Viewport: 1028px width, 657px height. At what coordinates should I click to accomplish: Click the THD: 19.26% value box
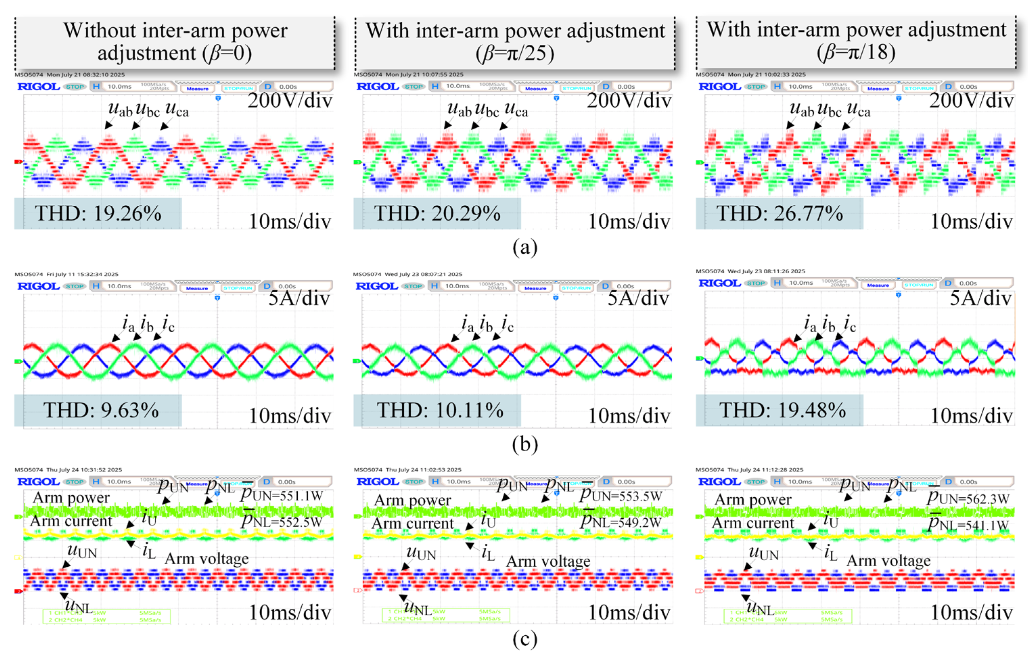(98, 213)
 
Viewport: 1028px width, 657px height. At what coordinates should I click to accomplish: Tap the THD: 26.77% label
(779, 213)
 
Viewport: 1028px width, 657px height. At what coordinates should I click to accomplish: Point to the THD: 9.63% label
(101, 410)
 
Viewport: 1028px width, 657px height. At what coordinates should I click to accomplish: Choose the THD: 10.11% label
(440, 410)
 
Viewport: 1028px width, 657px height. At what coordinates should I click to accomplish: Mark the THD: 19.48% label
(782, 410)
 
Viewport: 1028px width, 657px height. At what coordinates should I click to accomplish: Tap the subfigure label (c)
(525, 639)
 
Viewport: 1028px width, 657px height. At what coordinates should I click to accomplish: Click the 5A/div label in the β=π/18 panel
(981, 298)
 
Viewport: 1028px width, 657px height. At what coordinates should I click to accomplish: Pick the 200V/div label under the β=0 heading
(290, 101)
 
